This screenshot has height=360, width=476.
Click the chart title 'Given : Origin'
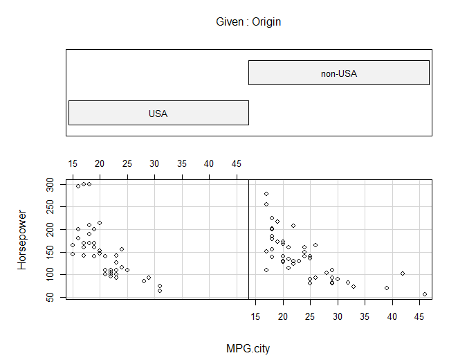pos(248,22)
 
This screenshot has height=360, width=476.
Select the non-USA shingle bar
pos(339,73)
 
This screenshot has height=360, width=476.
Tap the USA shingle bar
pos(158,113)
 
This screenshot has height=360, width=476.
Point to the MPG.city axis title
pos(248,348)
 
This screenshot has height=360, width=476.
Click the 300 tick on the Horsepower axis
pos(50,184)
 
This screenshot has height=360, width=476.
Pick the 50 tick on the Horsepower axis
pos(50,297)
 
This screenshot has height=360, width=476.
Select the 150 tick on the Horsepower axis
pos(50,252)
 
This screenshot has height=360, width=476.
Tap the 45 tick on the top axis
pos(236,164)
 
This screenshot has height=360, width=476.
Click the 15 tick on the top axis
pos(73,164)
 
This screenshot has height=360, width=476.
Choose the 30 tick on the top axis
pos(154,164)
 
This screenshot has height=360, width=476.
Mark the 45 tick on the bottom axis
pos(419,316)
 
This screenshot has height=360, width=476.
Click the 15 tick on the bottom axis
pos(256,316)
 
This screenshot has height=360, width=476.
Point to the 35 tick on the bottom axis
pos(365,316)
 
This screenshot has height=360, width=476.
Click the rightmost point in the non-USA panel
pos(425,294)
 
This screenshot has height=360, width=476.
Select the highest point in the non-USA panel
pos(266,194)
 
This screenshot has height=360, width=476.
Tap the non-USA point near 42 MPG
pos(403,273)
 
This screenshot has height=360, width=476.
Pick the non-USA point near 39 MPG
pos(387,288)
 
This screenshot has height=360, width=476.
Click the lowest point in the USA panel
pos(160,291)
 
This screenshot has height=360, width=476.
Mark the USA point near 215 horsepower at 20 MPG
pos(100,223)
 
